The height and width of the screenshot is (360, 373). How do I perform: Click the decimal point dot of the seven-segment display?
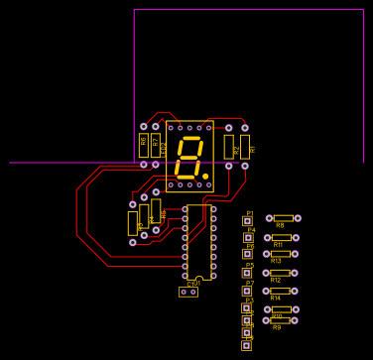pos(205,176)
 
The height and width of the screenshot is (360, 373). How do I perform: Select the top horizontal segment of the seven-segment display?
pos(189,139)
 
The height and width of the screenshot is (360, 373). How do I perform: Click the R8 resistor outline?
pos(283,218)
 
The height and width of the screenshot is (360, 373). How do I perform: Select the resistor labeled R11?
pos(281,237)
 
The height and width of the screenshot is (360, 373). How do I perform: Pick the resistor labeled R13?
pos(281,254)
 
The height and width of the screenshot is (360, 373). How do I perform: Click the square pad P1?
pos(247,221)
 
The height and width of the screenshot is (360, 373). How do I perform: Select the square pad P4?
pos(248,237)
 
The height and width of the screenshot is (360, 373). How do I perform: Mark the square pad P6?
pos(247,254)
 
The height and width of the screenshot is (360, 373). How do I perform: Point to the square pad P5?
pos(247,273)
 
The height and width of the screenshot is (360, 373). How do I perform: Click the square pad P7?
pos(247,291)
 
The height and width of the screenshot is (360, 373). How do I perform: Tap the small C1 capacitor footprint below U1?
pos(188,292)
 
